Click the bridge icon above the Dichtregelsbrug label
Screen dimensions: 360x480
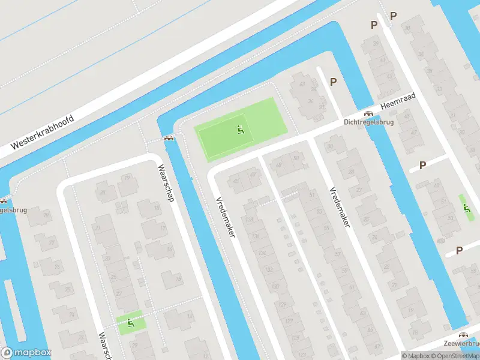pos(369,113)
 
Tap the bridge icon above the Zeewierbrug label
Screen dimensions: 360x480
pos(463,335)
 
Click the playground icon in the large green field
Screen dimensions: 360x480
pos(240,128)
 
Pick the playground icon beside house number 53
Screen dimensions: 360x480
pos(466,208)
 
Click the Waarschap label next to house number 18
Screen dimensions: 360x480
pos(166,182)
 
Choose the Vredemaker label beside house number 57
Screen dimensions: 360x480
pos(339,206)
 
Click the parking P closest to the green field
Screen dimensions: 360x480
pos(333,82)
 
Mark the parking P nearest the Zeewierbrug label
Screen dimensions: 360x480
pos(459,250)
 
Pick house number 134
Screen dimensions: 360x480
pos(262,253)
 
